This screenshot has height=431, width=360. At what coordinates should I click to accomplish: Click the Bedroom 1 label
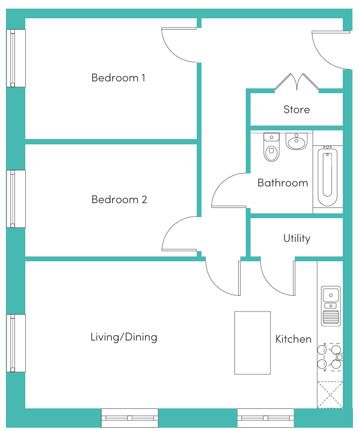coord(118,78)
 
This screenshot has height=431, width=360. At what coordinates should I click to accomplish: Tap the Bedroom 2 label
coord(119,199)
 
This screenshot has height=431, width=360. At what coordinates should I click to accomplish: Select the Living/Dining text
coord(124,337)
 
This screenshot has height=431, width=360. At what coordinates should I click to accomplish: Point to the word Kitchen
coord(294,339)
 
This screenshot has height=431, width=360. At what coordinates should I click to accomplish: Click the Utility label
coord(297,238)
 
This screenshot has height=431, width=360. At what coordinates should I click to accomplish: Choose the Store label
coord(297,109)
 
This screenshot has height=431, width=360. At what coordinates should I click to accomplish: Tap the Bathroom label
coord(283,183)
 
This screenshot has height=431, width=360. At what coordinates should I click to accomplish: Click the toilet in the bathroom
coord(272,147)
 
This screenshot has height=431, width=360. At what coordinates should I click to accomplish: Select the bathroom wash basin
coord(296,142)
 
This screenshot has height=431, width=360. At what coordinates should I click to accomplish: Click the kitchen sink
coord(331,306)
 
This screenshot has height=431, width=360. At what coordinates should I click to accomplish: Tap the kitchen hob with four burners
coord(330,357)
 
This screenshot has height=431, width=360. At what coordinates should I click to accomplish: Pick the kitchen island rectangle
coord(252,343)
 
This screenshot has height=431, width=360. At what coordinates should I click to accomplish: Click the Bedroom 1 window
coord(16,58)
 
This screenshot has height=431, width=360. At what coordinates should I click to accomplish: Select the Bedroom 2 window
coord(16,199)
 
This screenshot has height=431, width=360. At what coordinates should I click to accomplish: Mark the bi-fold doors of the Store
coord(297,82)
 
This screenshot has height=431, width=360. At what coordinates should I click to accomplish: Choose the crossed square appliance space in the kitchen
coord(330,395)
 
